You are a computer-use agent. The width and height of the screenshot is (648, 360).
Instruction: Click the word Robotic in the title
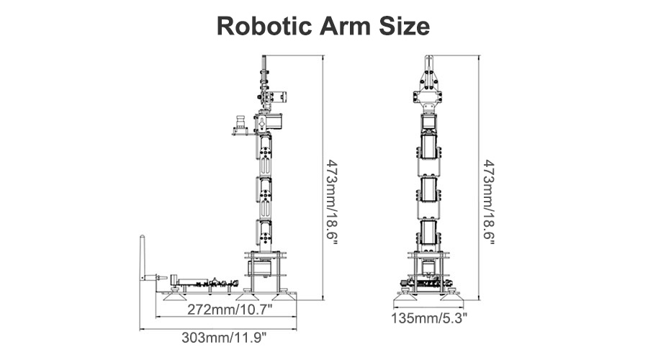click(264, 26)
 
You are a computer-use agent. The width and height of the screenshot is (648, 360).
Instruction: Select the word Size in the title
click(405, 26)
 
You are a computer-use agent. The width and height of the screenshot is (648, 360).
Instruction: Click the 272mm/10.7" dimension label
click(230, 309)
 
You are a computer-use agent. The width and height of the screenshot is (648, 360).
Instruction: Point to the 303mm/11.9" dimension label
click(224, 337)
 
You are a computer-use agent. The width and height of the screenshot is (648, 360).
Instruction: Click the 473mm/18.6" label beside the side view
click(331, 202)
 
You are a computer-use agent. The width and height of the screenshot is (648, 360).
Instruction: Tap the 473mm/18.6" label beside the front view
click(488, 202)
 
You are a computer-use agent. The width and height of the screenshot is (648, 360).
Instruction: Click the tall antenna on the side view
click(142, 258)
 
